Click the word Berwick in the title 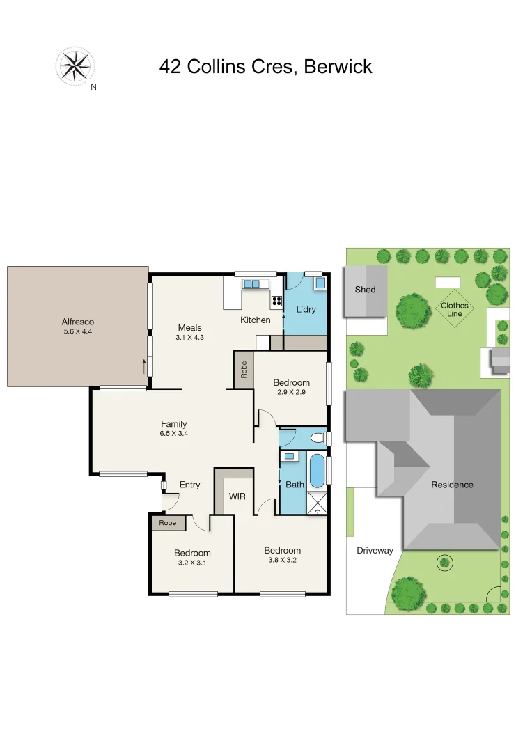click(338, 66)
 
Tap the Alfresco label click(77, 322)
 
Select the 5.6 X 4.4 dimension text click(77, 331)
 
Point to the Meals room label click(189, 327)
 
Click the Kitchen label click(255, 320)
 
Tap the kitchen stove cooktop click(276, 301)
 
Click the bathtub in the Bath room click(316, 471)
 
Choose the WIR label click(237, 496)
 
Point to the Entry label click(189, 485)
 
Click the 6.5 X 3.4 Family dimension click(174, 434)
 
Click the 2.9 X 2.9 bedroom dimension click(291, 393)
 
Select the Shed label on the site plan click(365, 290)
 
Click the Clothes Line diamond click(454, 309)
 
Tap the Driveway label click(375, 550)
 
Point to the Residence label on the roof click(451, 485)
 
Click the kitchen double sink click(251, 284)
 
